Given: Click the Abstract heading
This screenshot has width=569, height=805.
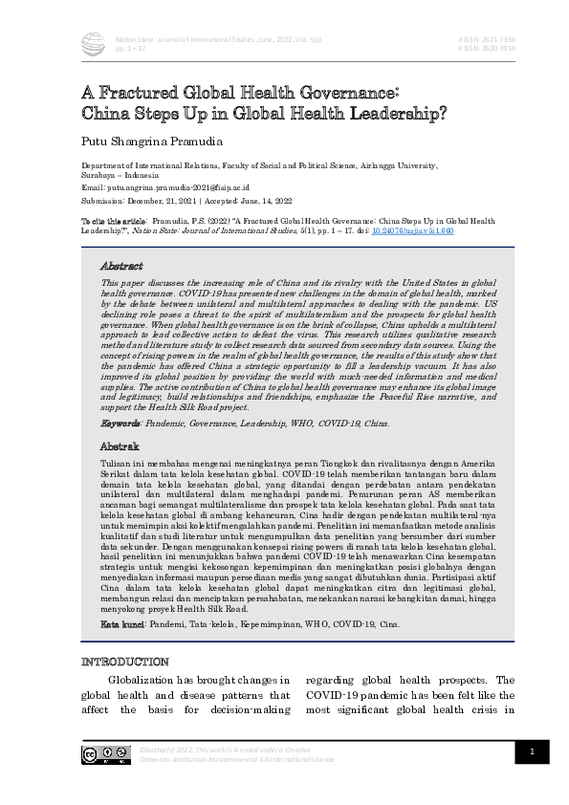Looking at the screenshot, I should (x=121, y=266).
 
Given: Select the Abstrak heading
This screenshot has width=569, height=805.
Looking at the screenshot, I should (x=120, y=446).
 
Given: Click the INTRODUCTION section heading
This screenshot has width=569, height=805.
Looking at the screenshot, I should (x=128, y=662).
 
